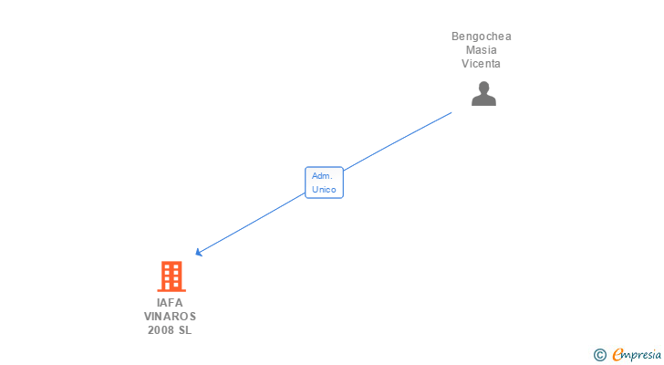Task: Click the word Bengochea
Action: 482,36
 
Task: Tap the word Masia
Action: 482,50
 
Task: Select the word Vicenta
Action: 482,64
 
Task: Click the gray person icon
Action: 483,93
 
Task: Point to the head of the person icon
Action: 483,88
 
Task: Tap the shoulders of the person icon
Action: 483,100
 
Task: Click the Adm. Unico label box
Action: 324,182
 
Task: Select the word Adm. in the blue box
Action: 322,175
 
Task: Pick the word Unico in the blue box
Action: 324,190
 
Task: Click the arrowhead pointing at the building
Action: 198,253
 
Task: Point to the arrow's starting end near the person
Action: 451,113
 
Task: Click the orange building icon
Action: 171,276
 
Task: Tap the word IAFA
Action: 170,302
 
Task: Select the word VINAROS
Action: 170,316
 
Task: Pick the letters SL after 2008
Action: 185,330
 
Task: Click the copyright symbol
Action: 600,355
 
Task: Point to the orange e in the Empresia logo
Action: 617,355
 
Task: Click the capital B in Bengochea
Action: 455,36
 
